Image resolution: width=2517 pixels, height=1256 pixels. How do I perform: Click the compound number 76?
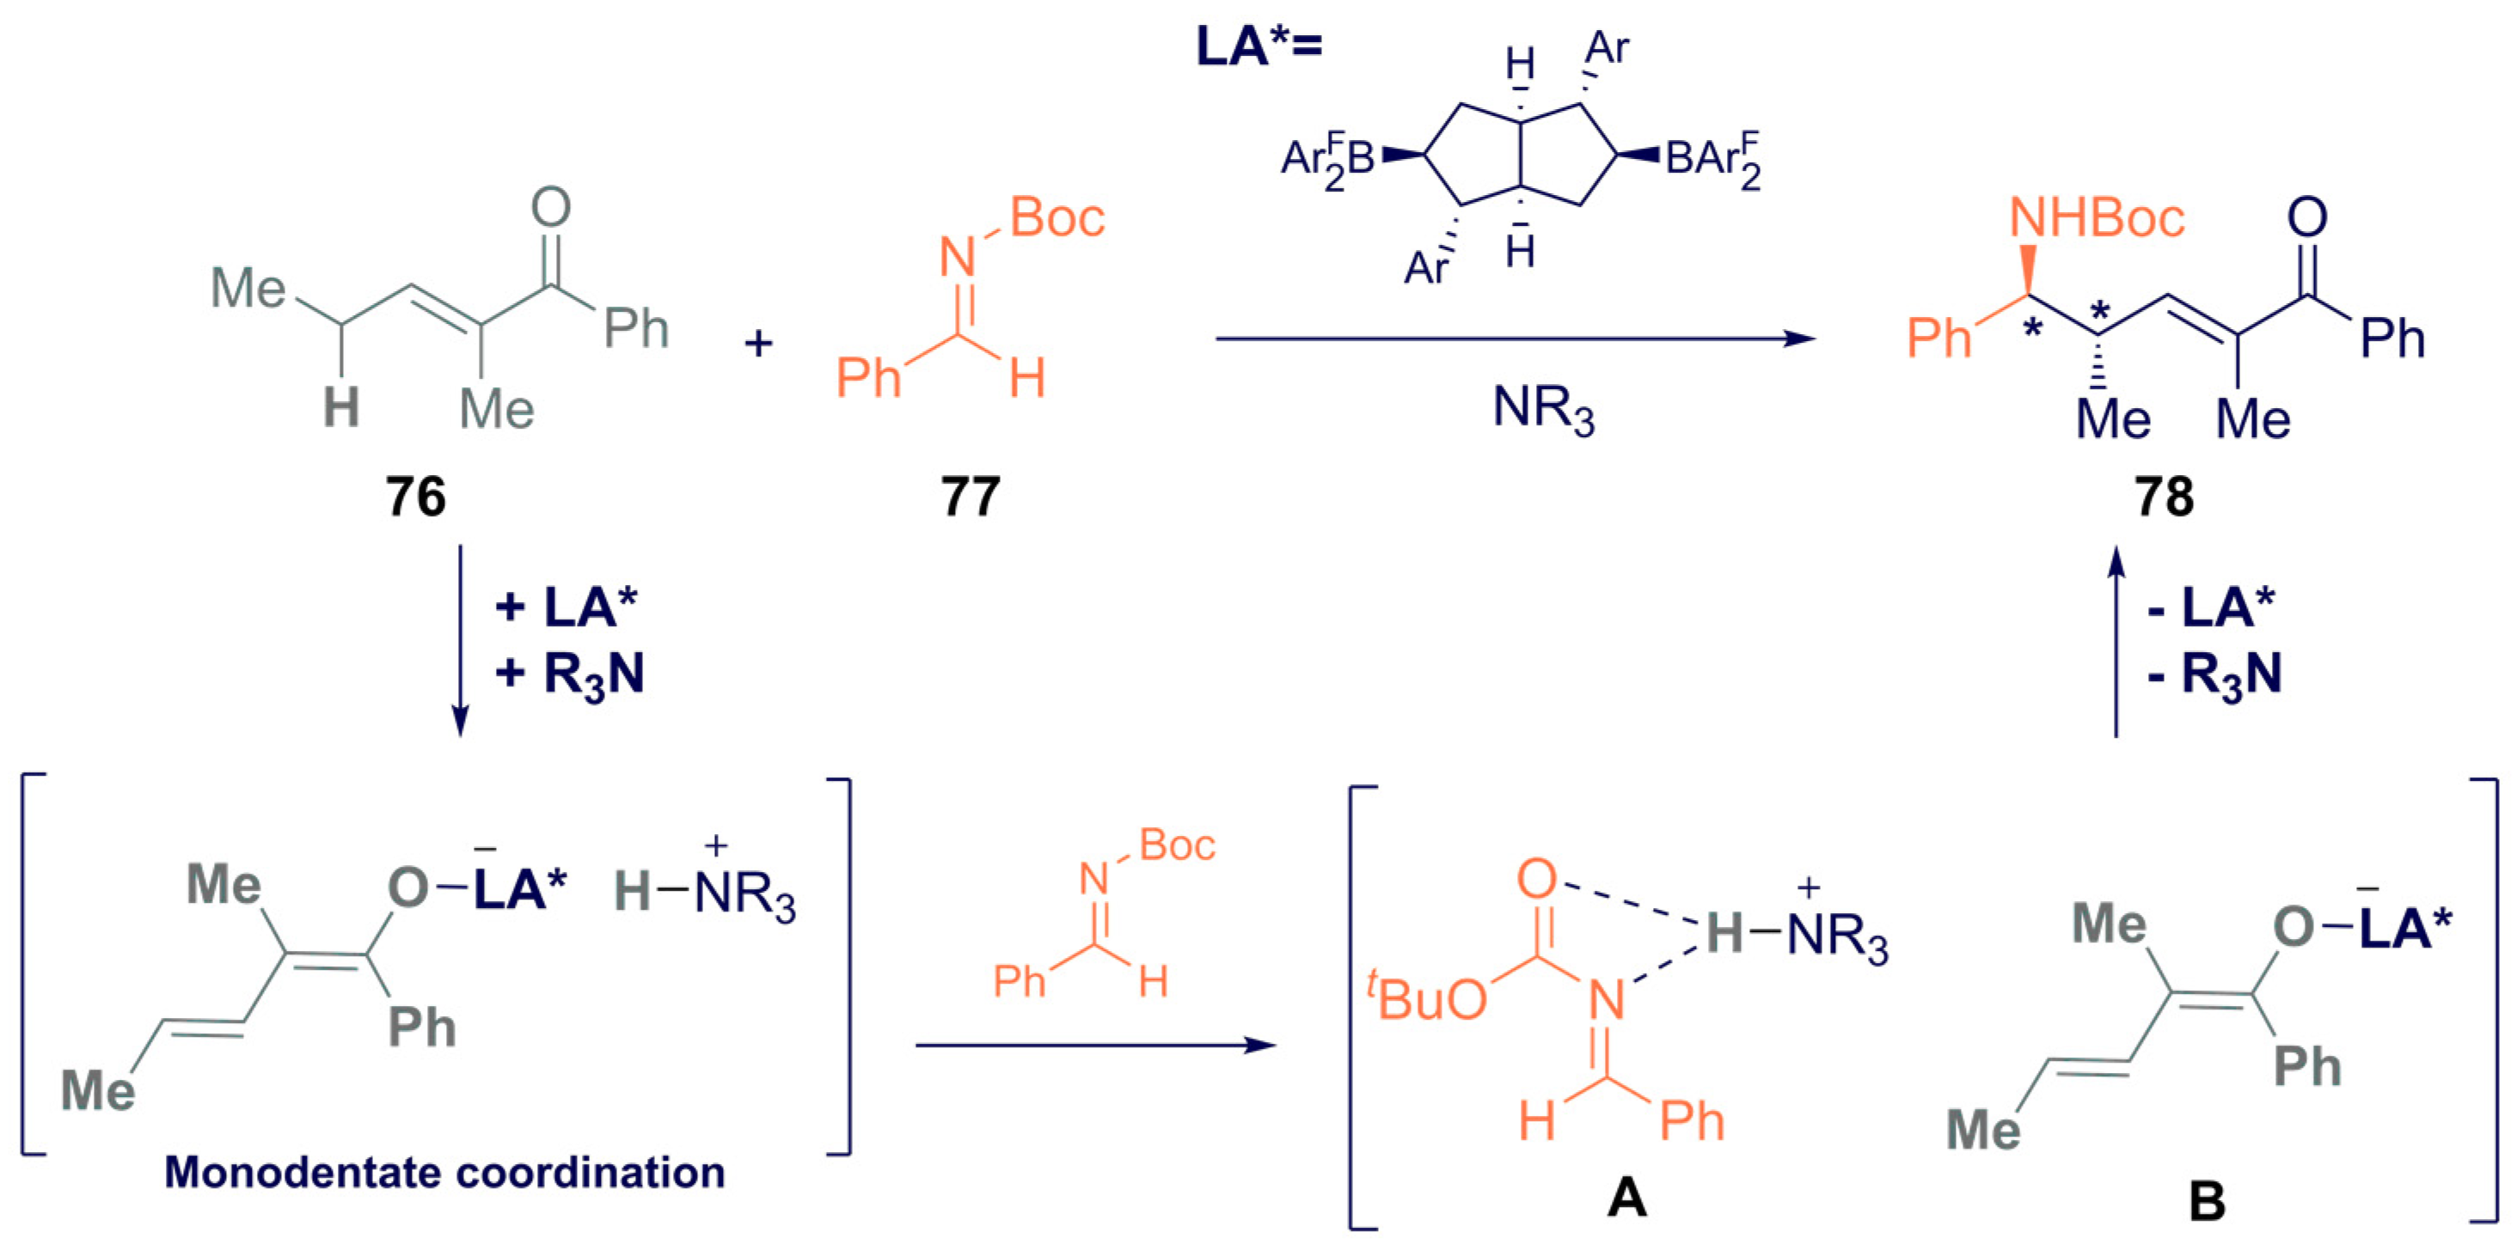point(415,497)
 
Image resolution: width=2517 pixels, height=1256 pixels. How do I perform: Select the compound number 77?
point(971,497)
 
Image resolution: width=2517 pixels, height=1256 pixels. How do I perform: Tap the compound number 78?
point(2165,497)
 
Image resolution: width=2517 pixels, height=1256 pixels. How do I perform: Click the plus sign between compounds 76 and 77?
point(758,344)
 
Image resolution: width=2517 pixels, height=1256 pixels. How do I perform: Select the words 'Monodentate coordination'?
point(444,1172)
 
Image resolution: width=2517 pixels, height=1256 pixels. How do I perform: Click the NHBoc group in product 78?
point(2096,218)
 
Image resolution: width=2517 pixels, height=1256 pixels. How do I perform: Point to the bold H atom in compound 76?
point(341,407)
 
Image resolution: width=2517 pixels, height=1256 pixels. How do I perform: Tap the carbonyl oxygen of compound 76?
point(551,207)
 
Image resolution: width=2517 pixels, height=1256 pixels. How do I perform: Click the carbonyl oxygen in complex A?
point(1536,879)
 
